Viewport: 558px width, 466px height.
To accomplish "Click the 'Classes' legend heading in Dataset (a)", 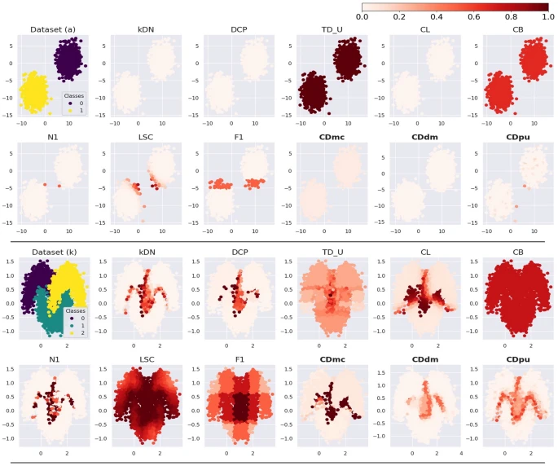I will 75,95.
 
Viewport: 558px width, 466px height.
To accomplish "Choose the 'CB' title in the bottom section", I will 516,251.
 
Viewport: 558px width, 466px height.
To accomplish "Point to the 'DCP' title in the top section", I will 235,30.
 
